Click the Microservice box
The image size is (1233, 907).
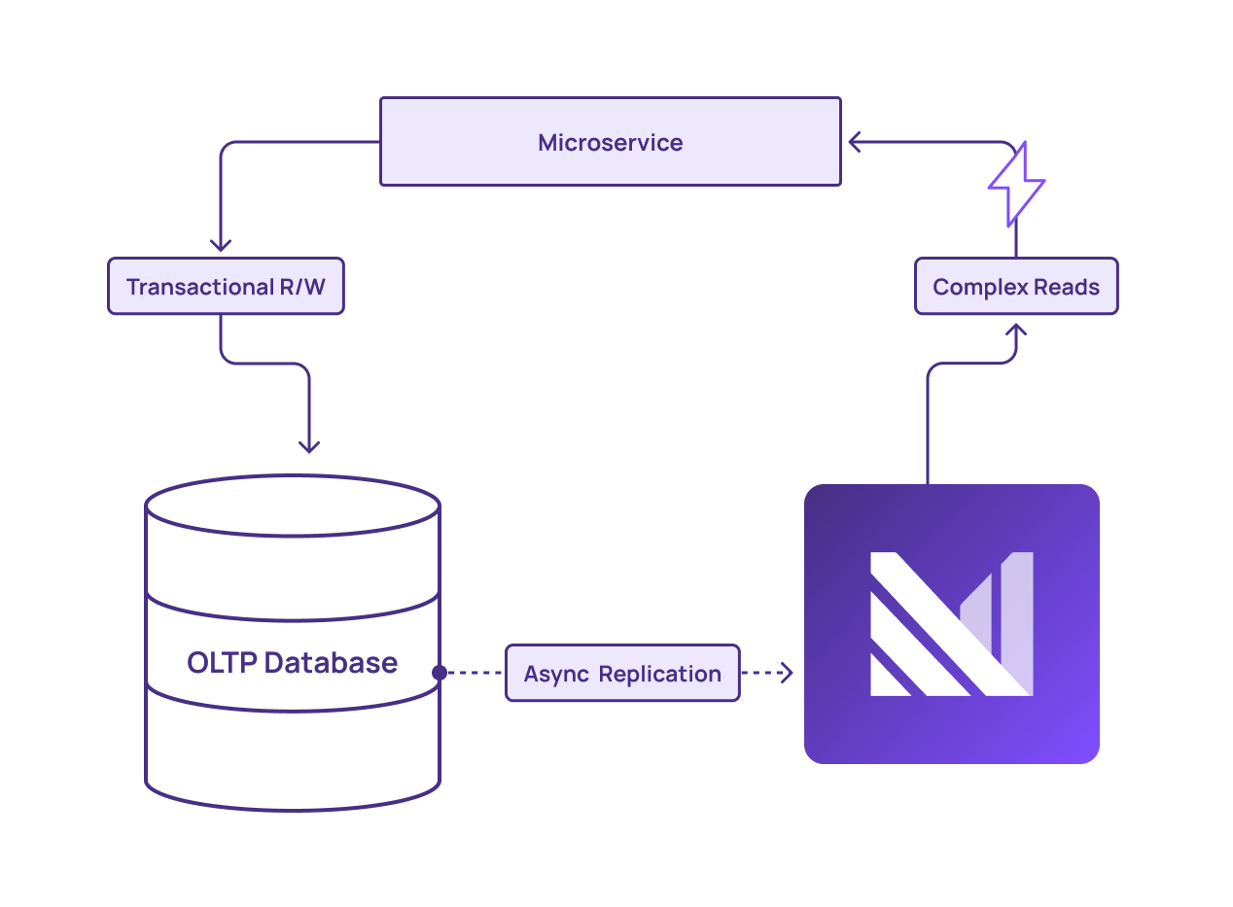(x=610, y=142)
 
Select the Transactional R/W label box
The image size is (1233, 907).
(x=226, y=287)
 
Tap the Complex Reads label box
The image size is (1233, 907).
(x=1016, y=287)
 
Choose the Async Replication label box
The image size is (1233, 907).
(x=622, y=673)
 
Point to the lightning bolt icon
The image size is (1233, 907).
(x=1016, y=185)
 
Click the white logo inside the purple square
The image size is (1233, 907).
(x=951, y=624)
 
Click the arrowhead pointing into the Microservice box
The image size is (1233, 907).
(x=854, y=142)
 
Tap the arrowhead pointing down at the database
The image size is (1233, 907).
(x=309, y=446)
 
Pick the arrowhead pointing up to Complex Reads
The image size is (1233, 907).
(x=1016, y=331)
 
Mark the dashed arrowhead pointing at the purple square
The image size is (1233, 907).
(x=786, y=673)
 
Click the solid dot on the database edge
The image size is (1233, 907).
(x=440, y=673)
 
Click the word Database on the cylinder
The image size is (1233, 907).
(x=331, y=663)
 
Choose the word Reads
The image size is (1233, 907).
(x=1068, y=288)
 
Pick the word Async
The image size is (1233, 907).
(x=556, y=674)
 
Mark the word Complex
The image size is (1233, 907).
(x=977, y=288)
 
